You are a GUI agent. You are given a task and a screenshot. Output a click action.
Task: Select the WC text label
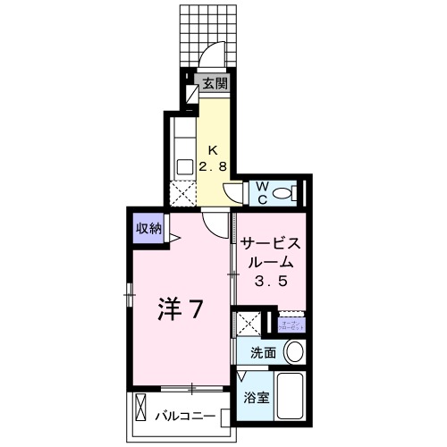point(263,192)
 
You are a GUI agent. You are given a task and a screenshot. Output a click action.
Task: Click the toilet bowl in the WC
point(284,193)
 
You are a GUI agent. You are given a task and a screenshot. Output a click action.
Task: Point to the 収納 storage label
point(149,229)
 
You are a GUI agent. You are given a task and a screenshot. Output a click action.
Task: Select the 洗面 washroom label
point(263,352)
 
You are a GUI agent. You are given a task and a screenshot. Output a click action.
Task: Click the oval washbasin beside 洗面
point(293,352)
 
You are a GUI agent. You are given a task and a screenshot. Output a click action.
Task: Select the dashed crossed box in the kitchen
point(182,191)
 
